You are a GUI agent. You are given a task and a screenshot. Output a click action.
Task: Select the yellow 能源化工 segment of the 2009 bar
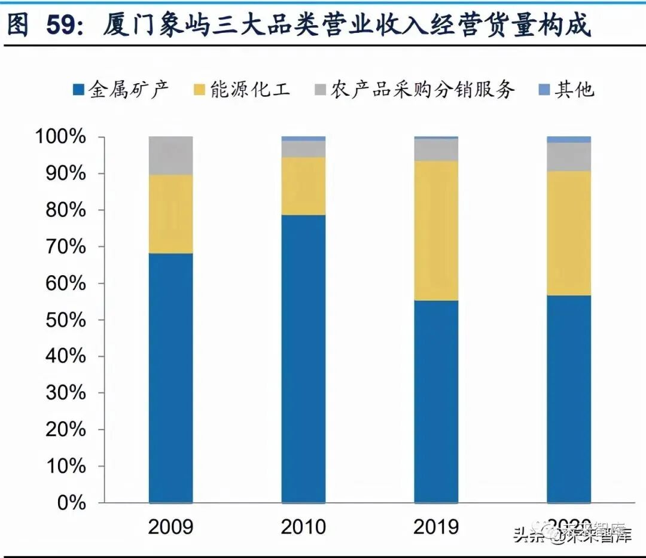point(171,214)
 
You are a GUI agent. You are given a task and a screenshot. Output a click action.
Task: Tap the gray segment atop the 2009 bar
point(171,155)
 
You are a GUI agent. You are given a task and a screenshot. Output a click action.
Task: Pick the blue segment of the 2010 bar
point(304,359)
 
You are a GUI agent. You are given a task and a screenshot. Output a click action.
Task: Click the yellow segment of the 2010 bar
point(304,186)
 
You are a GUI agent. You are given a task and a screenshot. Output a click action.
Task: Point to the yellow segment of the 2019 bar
point(436,230)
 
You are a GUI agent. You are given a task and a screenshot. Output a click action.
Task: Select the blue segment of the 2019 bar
point(436,401)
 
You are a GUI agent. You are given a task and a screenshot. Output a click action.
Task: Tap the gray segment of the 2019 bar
point(436,150)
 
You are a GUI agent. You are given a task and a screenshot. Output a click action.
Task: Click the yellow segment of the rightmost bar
point(569,233)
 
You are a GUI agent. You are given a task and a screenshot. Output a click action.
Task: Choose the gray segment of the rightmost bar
point(569,157)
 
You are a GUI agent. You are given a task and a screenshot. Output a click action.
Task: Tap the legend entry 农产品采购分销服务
point(413,90)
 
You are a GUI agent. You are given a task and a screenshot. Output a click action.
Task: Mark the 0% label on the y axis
point(72,503)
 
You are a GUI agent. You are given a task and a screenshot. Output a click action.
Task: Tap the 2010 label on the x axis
point(304,526)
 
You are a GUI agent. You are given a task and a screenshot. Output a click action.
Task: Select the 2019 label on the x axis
point(436,526)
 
